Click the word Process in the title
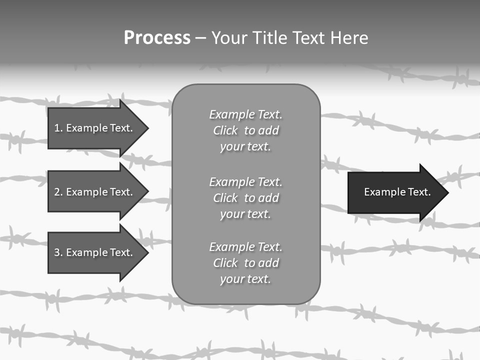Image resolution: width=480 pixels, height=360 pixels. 157,38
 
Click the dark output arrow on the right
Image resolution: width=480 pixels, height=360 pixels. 395,192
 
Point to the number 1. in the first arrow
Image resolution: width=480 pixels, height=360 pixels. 58,128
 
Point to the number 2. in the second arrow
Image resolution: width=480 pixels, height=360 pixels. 58,192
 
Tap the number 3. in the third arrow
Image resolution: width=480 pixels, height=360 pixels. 58,252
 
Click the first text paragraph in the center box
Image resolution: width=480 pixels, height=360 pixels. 245,130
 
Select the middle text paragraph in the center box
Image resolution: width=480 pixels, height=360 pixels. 245,198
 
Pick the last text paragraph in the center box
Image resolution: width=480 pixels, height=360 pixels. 245,263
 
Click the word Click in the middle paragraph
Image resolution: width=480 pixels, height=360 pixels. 225,198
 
